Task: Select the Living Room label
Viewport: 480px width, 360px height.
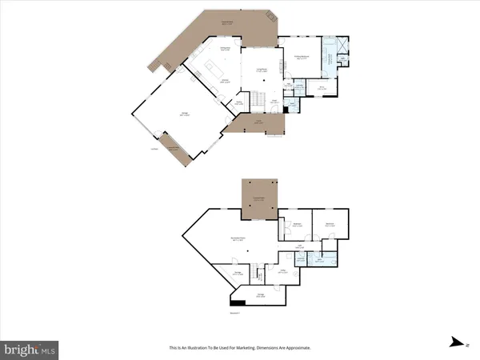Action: [261, 71]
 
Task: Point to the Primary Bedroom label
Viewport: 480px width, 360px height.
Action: [303, 58]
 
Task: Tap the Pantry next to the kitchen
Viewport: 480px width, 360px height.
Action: [238, 102]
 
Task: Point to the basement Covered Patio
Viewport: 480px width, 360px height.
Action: [259, 198]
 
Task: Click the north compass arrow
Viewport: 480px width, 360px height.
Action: [456, 342]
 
